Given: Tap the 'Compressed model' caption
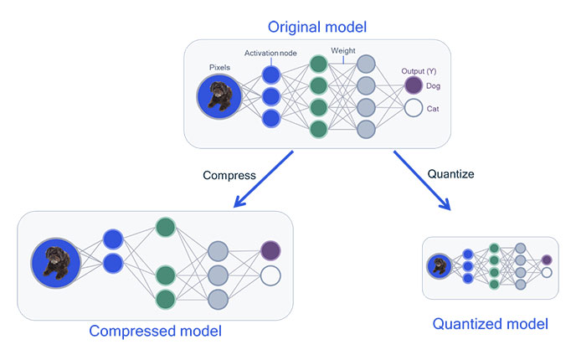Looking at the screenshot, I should pos(155,331).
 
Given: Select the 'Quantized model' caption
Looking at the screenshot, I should pos(491,323).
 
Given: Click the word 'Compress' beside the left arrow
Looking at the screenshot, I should pos(229,176).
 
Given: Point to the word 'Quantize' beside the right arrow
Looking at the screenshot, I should pos(451,175).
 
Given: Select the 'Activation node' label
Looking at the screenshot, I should pos(272,53).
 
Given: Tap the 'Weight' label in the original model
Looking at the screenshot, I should pos(343,51).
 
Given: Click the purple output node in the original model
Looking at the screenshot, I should pos(413,85).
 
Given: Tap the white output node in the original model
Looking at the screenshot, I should pos(413,108).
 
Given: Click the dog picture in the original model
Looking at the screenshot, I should pos(219,96).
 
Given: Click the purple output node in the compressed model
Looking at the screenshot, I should pos(270,250).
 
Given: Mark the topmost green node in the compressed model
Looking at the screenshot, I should pos(164,227).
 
